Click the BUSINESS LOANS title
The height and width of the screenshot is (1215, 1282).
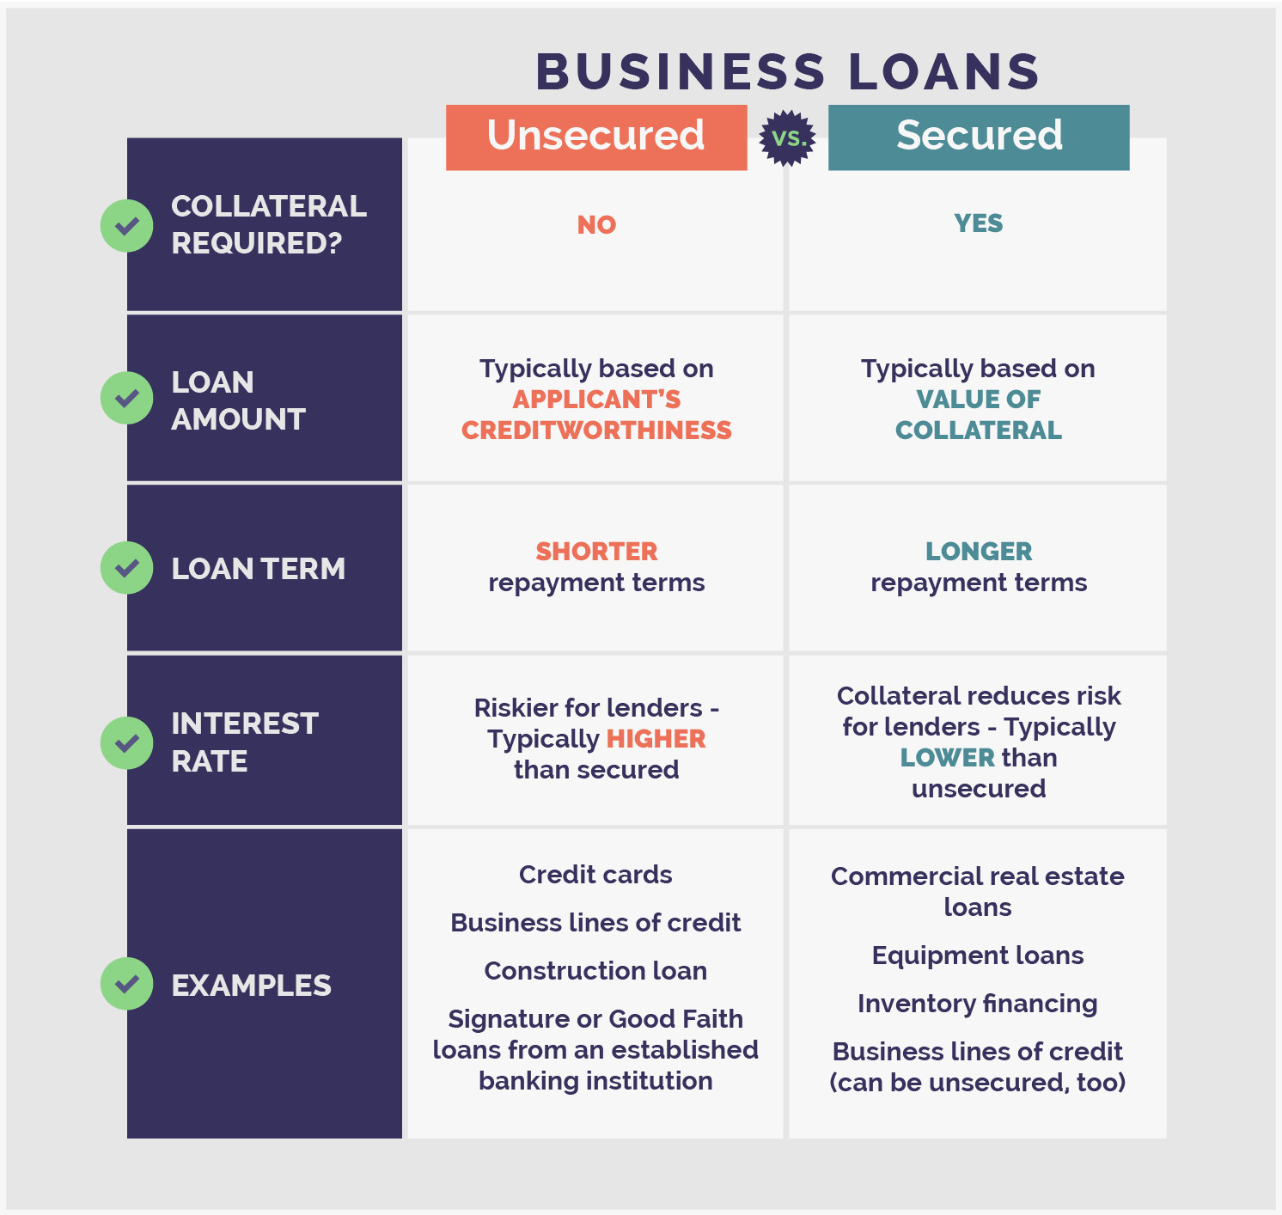coord(787,71)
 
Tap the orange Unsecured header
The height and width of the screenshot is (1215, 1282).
coord(595,137)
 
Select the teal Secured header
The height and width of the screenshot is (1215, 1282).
coord(979,137)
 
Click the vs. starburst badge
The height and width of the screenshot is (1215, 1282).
coord(787,137)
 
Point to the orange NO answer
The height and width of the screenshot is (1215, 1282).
coord(596,225)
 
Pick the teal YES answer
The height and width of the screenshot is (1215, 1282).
coord(978,223)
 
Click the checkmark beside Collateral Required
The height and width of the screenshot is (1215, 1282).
coord(127,225)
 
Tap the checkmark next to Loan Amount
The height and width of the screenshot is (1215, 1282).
coord(127,398)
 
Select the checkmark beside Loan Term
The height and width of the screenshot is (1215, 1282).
coord(127,568)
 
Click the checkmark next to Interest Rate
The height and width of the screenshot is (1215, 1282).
coord(127,742)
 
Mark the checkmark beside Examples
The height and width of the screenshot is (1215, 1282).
coord(127,984)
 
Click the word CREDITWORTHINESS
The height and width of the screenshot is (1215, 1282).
coord(596,430)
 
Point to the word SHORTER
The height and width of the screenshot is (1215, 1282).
coord(596,552)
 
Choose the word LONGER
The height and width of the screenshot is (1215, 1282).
coord(978,552)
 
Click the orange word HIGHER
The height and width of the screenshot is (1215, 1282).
coord(656,739)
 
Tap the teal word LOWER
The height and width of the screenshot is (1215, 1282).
coord(947,758)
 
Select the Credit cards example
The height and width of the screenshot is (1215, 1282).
coord(595,875)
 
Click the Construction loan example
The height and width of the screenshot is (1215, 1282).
coord(595,971)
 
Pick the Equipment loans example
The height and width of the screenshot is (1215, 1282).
coord(978,956)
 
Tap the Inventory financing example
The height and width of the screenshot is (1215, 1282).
coord(978,1004)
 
